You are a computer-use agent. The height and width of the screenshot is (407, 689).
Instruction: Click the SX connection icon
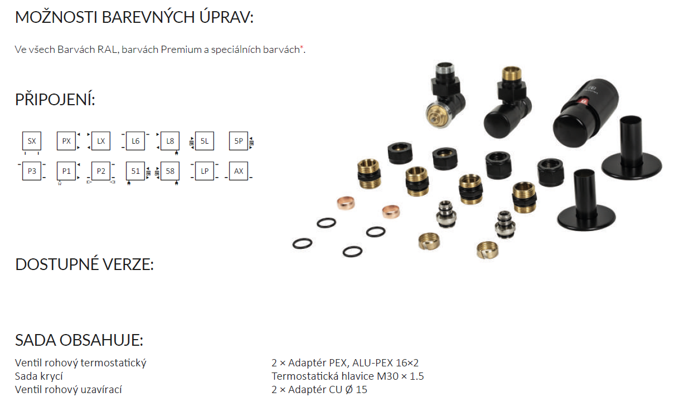[32, 141]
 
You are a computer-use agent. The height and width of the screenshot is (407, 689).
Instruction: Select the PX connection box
[66, 141]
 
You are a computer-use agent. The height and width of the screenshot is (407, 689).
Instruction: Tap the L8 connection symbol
[170, 141]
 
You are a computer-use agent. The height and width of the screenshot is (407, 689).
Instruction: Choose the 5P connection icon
[239, 141]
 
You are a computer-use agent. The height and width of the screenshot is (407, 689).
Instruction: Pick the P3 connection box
[32, 171]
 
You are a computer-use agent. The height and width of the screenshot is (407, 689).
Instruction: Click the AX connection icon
[239, 171]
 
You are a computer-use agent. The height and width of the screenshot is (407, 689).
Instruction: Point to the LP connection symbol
[205, 171]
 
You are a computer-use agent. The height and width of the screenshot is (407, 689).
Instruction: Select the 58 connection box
[170, 171]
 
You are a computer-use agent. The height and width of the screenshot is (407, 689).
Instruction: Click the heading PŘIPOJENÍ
[55, 100]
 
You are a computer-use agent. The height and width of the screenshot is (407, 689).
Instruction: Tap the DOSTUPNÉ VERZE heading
[84, 264]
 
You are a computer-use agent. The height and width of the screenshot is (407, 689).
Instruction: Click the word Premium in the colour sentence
[181, 50]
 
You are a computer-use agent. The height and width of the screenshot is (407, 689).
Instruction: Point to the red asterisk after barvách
[302, 48]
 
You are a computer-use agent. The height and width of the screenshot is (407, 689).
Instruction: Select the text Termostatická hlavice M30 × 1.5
[347, 376]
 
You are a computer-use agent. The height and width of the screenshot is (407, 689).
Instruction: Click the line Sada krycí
[38, 376]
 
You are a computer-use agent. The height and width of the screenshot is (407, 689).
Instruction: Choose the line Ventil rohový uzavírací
[68, 390]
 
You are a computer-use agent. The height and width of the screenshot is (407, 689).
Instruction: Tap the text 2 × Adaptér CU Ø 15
[319, 390]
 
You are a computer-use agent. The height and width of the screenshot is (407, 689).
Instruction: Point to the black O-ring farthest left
[302, 243]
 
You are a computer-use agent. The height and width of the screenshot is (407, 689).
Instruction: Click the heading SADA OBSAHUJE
[79, 341]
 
